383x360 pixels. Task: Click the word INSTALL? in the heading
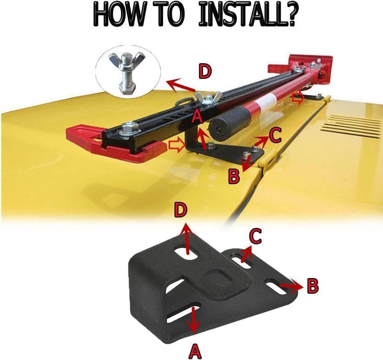pos(247,15)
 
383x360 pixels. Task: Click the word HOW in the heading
pos(118,15)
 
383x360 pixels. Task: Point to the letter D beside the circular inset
pos(205,71)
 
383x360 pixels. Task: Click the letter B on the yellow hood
pos(234,177)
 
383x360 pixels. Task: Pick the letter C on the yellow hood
pos(276,135)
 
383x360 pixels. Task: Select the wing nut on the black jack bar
pos(208,98)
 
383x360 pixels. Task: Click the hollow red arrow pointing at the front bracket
pos(175,145)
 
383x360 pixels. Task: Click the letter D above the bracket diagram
pos(181,211)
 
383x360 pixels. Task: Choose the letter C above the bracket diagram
pos(256,236)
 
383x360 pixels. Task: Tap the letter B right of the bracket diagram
pos(313,286)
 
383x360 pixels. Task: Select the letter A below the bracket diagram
pos(195,351)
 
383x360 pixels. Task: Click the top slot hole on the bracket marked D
pos(186,253)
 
